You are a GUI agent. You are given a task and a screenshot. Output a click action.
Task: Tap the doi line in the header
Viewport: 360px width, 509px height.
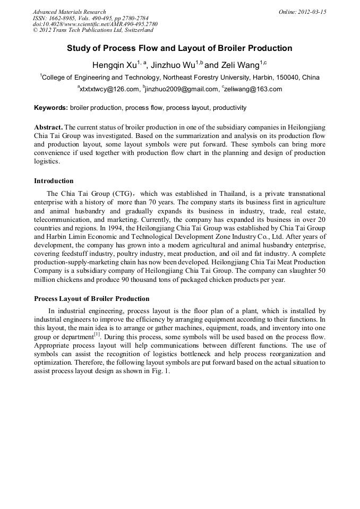click(95, 24)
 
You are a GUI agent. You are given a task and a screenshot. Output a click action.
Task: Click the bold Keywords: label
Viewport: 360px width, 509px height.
click(51, 108)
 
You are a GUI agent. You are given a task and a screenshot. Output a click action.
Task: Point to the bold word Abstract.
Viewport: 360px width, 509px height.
click(48, 127)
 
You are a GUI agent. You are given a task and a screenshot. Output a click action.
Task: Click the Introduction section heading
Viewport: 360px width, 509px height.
click(54, 181)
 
